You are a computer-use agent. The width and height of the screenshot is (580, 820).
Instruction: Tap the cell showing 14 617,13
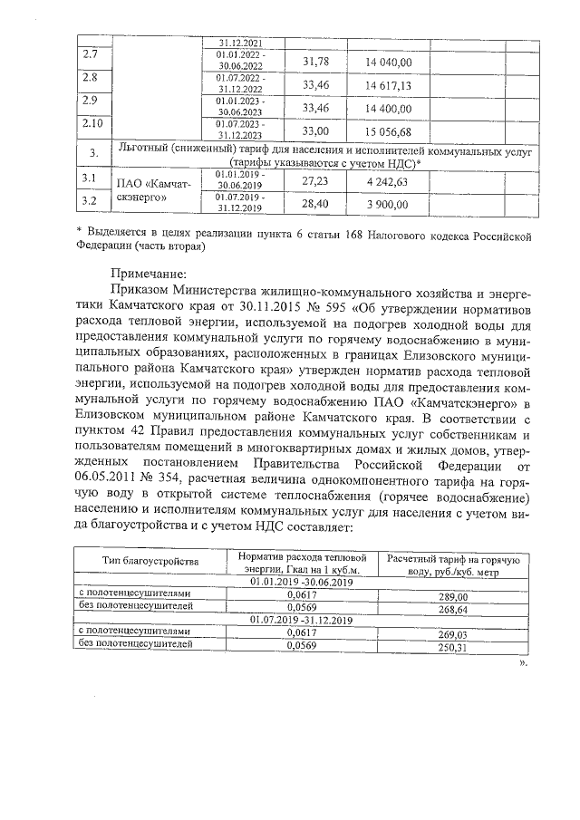(388, 85)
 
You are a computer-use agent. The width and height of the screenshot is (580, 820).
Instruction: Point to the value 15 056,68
(388, 131)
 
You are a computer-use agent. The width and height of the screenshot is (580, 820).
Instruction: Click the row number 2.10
(92, 123)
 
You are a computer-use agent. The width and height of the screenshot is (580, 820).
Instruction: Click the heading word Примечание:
(149, 273)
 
